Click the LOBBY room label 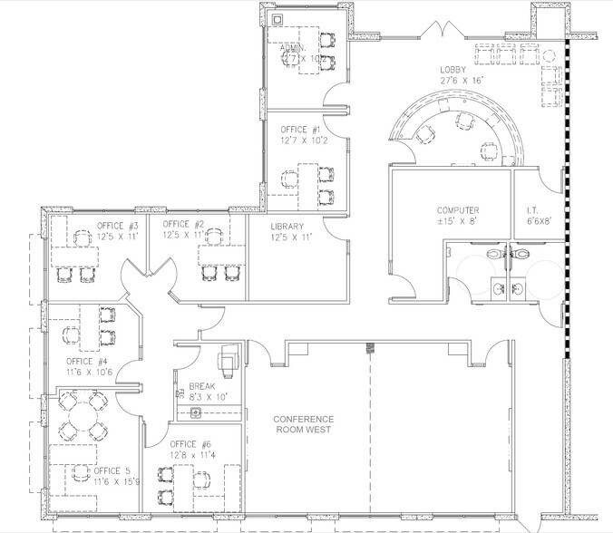pyautogui.click(x=455, y=69)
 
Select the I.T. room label pyautogui.click(x=531, y=210)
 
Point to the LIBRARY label pyautogui.click(x=291, y=226)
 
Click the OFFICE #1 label pyautogui.click(x=300, y=129)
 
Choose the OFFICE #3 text pyautogui.click(x=118, y=225)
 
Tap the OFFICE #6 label pyautogui.click(x=190, y=444)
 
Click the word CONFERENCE pyautogui.click(x=304, y=419)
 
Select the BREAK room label pyautogui.click(x=202, y=384)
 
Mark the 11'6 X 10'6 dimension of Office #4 pyautogui.click(x=88, y=372)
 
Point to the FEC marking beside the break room pyautogui.click(x=180, y=395)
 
